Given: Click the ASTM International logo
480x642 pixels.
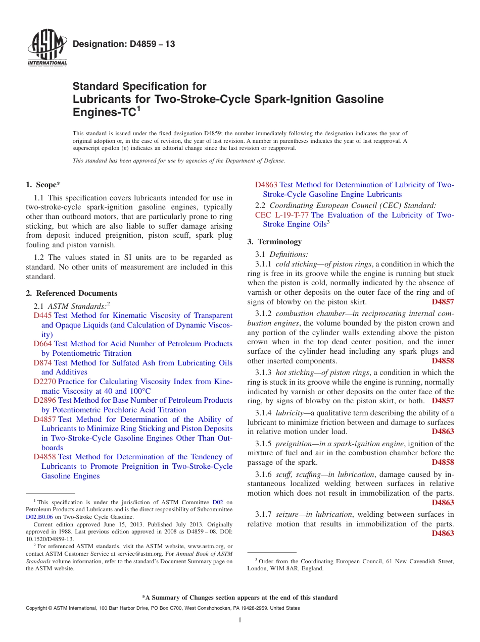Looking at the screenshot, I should click(47, 47).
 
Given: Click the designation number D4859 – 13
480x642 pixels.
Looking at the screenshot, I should click(124, 44).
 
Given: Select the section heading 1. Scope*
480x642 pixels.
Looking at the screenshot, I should click(44, 185).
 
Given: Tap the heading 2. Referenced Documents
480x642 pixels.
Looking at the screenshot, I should click(72, 293).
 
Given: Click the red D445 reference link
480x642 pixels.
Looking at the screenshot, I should click(42, 315).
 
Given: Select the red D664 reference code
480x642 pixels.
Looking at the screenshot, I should click(42, 344).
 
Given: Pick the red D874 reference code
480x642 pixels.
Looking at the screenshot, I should click(42, 363).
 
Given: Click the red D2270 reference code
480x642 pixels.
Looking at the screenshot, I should click(44, 382).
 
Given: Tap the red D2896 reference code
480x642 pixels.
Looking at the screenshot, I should click(44, 400).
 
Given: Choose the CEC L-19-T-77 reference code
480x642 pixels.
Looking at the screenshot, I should click(282, 215).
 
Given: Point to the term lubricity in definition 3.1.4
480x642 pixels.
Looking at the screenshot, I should click(289, 413).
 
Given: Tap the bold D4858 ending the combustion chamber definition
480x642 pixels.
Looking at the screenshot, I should click(443, 361).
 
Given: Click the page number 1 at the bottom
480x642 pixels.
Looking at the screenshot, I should click(240, 620).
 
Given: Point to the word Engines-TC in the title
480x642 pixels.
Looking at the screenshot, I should click(104, 112).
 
